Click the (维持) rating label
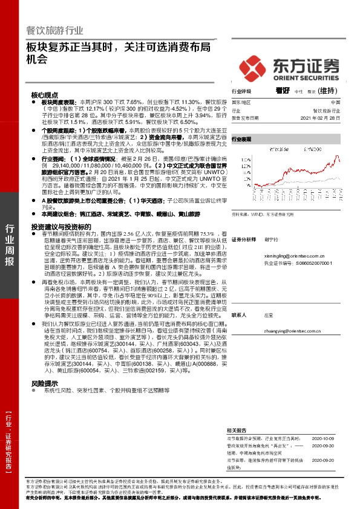coord(327,91)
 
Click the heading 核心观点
coord(44,95)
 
